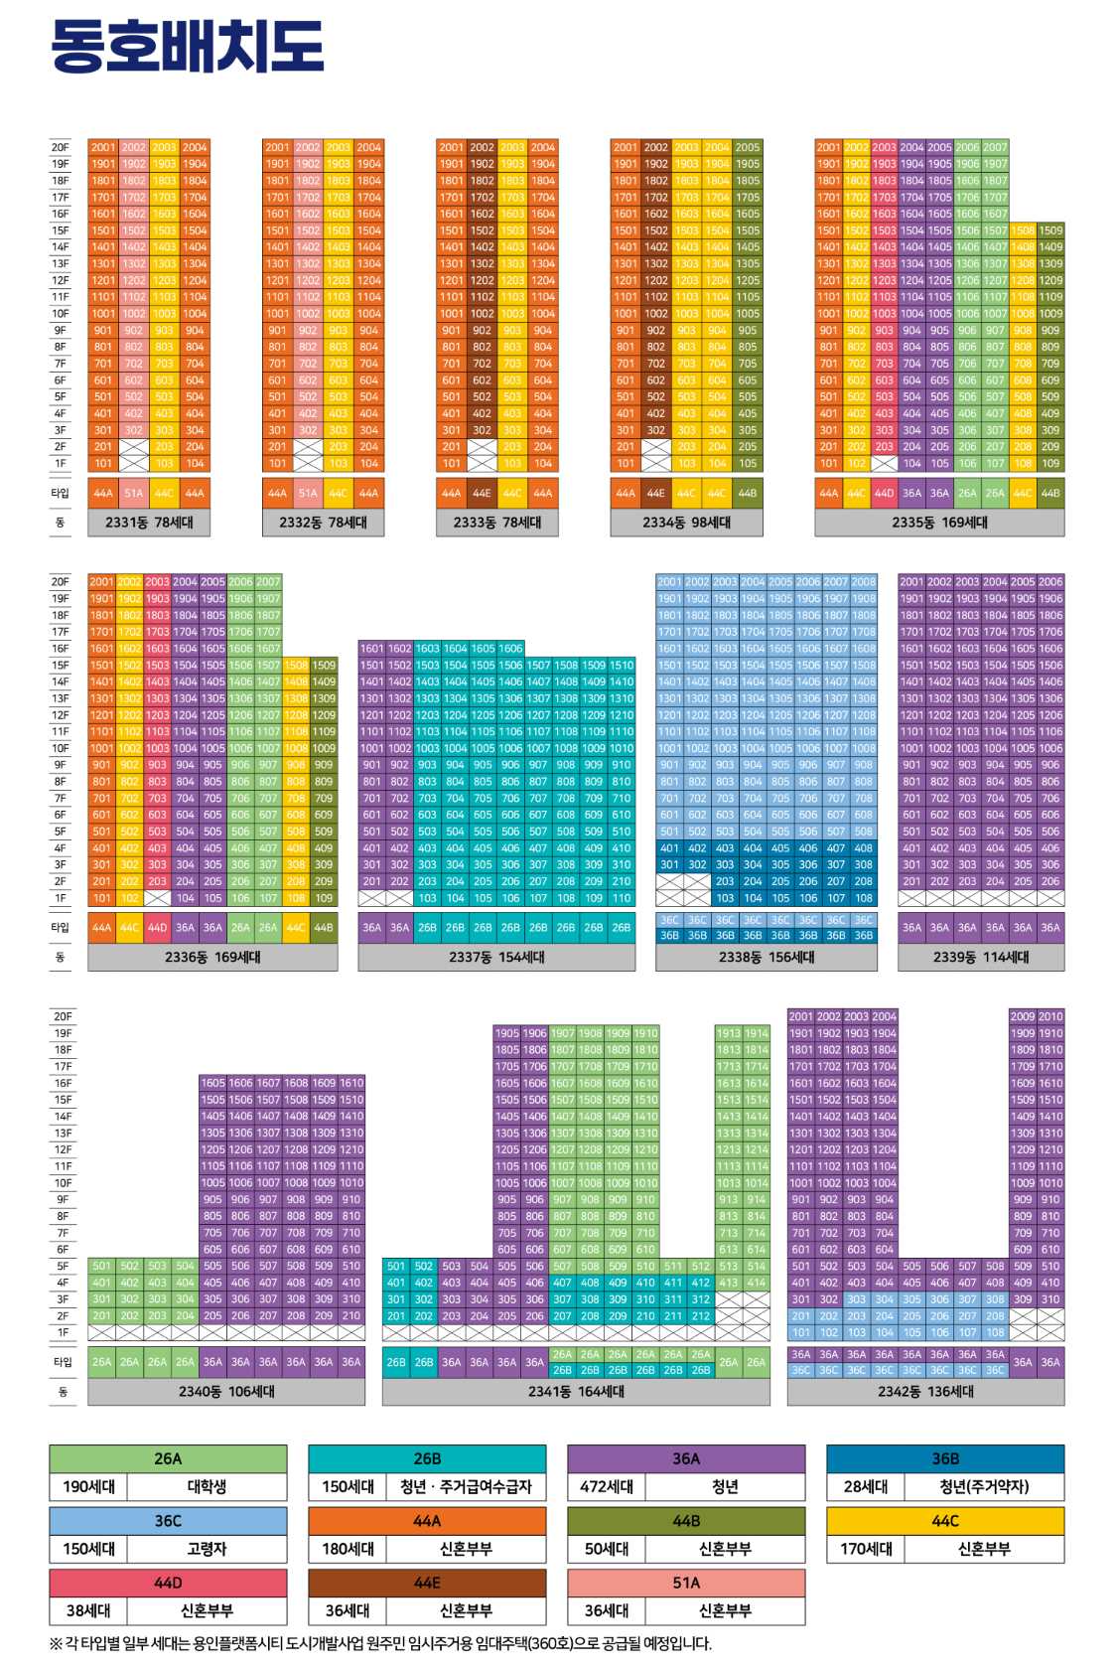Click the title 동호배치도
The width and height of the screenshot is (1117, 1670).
pyautogui.click(x=187, y=46)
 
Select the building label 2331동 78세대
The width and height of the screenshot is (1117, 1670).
pyautogui.click(x=149, y=523)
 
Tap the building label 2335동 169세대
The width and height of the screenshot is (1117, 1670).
pyautogui.click(x=939, y=523)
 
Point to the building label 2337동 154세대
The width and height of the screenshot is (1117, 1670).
pyautogui.click(x=496, y=957)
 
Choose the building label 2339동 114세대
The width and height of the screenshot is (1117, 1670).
pyautogui.click(x=981, y=957)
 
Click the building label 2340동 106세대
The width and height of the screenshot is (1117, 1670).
pyautogui.click(x=226, y=1392)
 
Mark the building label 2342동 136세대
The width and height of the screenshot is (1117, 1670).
pyautogui.click(x=925, y=1392)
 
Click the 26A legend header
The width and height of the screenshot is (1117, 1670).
pyautogui.click(x=168, y=1458)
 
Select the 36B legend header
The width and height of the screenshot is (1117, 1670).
pyautogui.click(x=945, y=1458)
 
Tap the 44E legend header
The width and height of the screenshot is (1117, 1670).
pyautogui.click(x=427, y=1583)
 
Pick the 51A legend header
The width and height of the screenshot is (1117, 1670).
pyautogui.click(x=686, y=1583)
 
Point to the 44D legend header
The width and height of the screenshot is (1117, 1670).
pyautogui.click(x=168, y=1583)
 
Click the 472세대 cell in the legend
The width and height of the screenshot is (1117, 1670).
pyautogui.click(x=607, y=1487)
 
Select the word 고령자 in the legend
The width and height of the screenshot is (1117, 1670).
pyautogui.click(x=207, y=1549)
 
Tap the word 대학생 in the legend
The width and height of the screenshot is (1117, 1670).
pyautogui.click(x=207, y=1487)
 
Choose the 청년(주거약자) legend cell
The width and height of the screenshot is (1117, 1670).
pyautogui.click(x=984, y=1487)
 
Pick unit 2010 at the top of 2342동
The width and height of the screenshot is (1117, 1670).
pyautogui.click(x=1050, y=1016)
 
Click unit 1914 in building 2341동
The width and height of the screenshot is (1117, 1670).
pyautogui.click(x=757, y=1033)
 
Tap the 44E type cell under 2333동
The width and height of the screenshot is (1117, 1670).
pyautogui.click(x=482, y=493)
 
